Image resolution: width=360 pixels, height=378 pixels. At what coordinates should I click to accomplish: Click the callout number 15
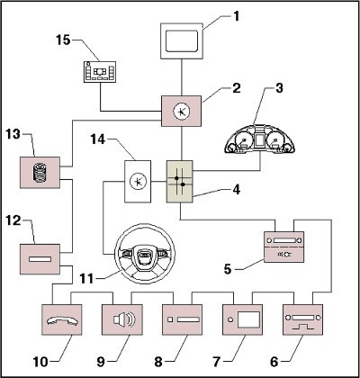coord(63,40)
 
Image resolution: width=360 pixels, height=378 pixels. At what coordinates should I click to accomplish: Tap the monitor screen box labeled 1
coord(181,40)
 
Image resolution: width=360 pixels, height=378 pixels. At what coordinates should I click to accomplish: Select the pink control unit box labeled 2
coord(181,111)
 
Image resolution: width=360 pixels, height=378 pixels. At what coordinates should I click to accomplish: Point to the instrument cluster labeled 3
coord(260,139)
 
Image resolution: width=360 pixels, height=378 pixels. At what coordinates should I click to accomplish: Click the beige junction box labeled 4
coord(180,182)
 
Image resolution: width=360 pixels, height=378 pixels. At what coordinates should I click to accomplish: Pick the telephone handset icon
coord(62,321)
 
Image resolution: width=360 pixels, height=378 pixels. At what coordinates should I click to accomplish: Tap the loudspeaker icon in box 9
coord(124,319)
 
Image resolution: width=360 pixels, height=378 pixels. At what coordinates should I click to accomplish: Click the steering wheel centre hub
coord(144,254)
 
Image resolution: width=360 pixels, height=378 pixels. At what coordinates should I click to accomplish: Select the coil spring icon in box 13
coord(40,173)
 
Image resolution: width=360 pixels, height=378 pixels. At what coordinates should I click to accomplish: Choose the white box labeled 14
coord(138,182)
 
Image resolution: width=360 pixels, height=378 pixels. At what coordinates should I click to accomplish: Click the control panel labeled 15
coord(99,72)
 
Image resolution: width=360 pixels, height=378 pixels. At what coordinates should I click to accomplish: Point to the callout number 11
coord(86,278)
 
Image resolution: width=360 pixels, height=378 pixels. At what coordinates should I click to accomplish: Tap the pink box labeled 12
coord(40,259)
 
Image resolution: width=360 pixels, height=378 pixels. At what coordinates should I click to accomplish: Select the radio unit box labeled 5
coord(283,247)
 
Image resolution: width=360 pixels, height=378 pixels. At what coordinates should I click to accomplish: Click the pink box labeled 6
coord(302,319)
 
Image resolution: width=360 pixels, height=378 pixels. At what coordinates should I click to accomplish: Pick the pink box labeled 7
coord(242,319)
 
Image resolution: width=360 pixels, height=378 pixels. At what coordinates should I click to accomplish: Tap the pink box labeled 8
coord(182,319)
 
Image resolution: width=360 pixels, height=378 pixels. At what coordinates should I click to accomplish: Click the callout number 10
coord(40,362)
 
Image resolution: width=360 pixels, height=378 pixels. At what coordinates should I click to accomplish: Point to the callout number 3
coord(279,88)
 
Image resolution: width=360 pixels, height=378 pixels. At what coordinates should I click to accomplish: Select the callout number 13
coord(13,134)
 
